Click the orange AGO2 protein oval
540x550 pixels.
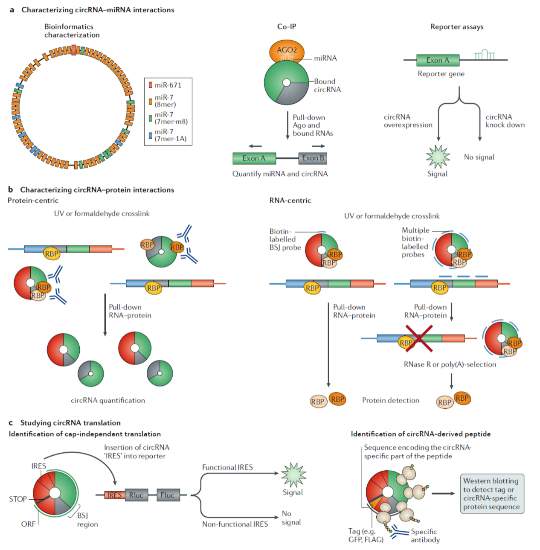pyautogui.click(x=287, y=51)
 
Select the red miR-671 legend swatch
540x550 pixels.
pyautogui.click(x=151, y=85)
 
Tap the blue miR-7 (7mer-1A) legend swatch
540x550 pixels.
pyautogui.click(x=151, y=135)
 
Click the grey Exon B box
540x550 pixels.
pyautogui.click(x=313, y=158)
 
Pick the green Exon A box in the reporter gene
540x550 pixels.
pyautogui.click(x=438, y=61)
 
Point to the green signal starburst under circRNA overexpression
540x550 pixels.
pyautogui.click(x=438, y=157)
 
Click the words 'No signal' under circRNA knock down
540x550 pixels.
pyautogui.click(x=479, y=157)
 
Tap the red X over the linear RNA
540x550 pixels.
pyautogui.click(x=419, y=339)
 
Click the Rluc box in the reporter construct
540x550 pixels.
pyautogui.click(x=136, y=495)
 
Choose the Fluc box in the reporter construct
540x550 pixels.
pyautogui.click(x=168, y=495)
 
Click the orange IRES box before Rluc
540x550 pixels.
pyautogui.click(x=114, y=495)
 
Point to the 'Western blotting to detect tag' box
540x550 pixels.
pyautogui.click(x=492, y=494)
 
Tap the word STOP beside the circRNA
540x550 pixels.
pyautogui.click(x=18, y=499)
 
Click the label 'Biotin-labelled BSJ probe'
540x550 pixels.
pyautogui.click(x=285, y=239)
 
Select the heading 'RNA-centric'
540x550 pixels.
pyautogui.click(x=290, y=201)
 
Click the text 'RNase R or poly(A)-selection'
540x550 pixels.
pyautogui.click(x=450, y=364)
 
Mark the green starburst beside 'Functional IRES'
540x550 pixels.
pyautogui.click(x=293, y=475)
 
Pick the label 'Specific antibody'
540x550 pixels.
pyautogui.click(x=425, y=535)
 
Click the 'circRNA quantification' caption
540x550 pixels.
pyautogui.click(x=108, y=400)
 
